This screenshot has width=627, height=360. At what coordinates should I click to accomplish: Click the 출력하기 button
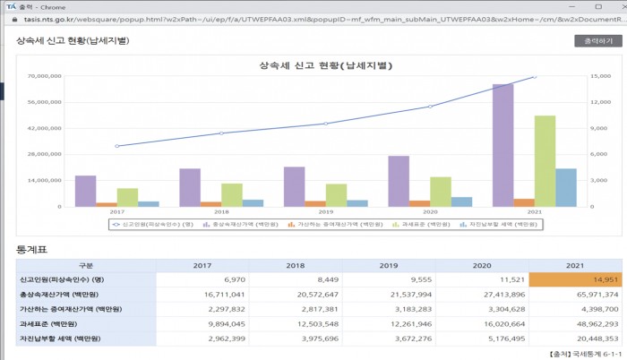597,40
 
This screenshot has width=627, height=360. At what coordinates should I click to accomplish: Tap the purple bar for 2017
85,191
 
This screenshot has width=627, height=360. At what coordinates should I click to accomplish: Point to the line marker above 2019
326,124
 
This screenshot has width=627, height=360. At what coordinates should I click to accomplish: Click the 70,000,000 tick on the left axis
44,76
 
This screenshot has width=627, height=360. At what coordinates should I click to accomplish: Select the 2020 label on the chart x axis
430,212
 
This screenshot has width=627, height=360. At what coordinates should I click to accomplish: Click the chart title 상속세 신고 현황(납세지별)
326,65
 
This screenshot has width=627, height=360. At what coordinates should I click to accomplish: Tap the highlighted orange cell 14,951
553,279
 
